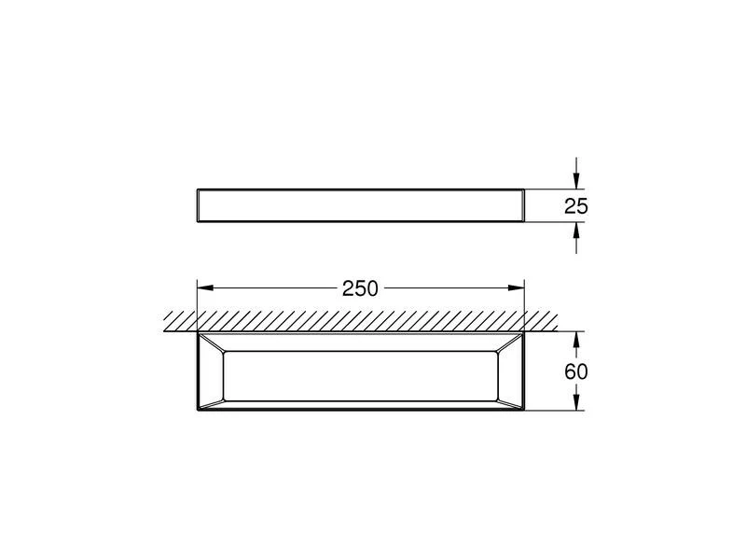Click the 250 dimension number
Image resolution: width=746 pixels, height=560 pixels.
point(360,288)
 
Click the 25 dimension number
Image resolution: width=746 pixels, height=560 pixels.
point(576,206)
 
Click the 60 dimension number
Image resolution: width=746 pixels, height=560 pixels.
point(576,371)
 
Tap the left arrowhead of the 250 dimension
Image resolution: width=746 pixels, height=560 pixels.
point(205,287)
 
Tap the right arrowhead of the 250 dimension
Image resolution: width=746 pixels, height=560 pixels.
point(517,287)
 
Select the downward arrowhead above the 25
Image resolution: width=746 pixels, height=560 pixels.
point(576,180)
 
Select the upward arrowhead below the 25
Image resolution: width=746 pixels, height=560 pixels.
point(576,231)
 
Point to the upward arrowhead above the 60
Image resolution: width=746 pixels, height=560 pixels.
point(576,340)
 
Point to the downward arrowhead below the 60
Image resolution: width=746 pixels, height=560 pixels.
point(576,402)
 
